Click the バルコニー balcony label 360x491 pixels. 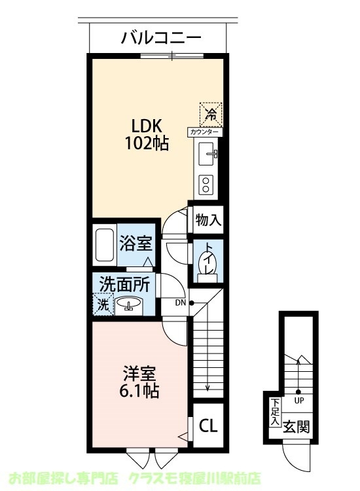coord(160,37)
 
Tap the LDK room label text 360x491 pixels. coord(147,126)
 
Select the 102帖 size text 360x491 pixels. coord(147,143)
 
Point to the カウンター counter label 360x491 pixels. coord(206,132)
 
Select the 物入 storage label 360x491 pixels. coord(208,221)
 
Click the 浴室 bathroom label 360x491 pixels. coord(136,244)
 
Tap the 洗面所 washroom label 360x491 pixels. coord(124,285)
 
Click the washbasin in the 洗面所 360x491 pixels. coord(129,304)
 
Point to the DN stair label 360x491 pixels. coord(180,302)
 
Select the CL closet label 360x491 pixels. coord(208,426)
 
